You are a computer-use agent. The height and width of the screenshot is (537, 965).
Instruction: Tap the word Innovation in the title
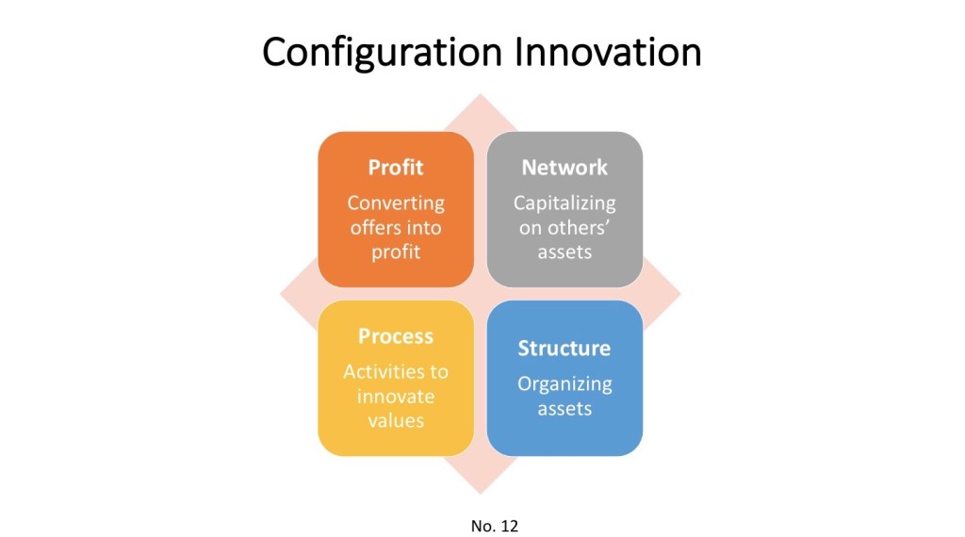click(608, 52)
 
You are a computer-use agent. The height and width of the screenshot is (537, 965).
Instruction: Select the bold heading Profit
click(396, 168)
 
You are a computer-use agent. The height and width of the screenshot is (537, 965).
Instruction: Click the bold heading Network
click(564, 168)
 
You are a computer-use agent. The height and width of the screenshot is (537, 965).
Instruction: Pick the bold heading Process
click(396, 335)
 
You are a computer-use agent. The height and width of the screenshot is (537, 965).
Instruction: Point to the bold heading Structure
click(564, 349)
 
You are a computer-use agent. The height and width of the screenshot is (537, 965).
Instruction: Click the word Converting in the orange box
click(396, 203)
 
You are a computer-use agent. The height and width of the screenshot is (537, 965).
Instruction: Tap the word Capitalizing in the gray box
click(564, 203)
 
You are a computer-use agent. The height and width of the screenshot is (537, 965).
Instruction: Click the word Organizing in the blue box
click(564, 384)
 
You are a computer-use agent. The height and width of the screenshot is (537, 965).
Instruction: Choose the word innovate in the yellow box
click(396, 396)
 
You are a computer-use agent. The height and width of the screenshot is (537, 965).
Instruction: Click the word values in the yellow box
click(396, 421)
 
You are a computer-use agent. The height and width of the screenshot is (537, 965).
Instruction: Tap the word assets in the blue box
click(564, 409)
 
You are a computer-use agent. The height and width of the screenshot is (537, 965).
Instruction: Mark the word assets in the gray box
click(564, 252)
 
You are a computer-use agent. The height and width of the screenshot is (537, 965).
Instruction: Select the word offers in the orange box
click(370, 228)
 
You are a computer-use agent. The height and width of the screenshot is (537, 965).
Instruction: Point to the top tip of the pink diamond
click(480, 95)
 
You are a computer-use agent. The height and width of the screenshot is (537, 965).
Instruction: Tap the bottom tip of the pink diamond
click(480, 494)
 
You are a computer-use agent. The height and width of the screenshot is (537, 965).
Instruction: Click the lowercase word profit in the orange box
click(396, 252)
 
